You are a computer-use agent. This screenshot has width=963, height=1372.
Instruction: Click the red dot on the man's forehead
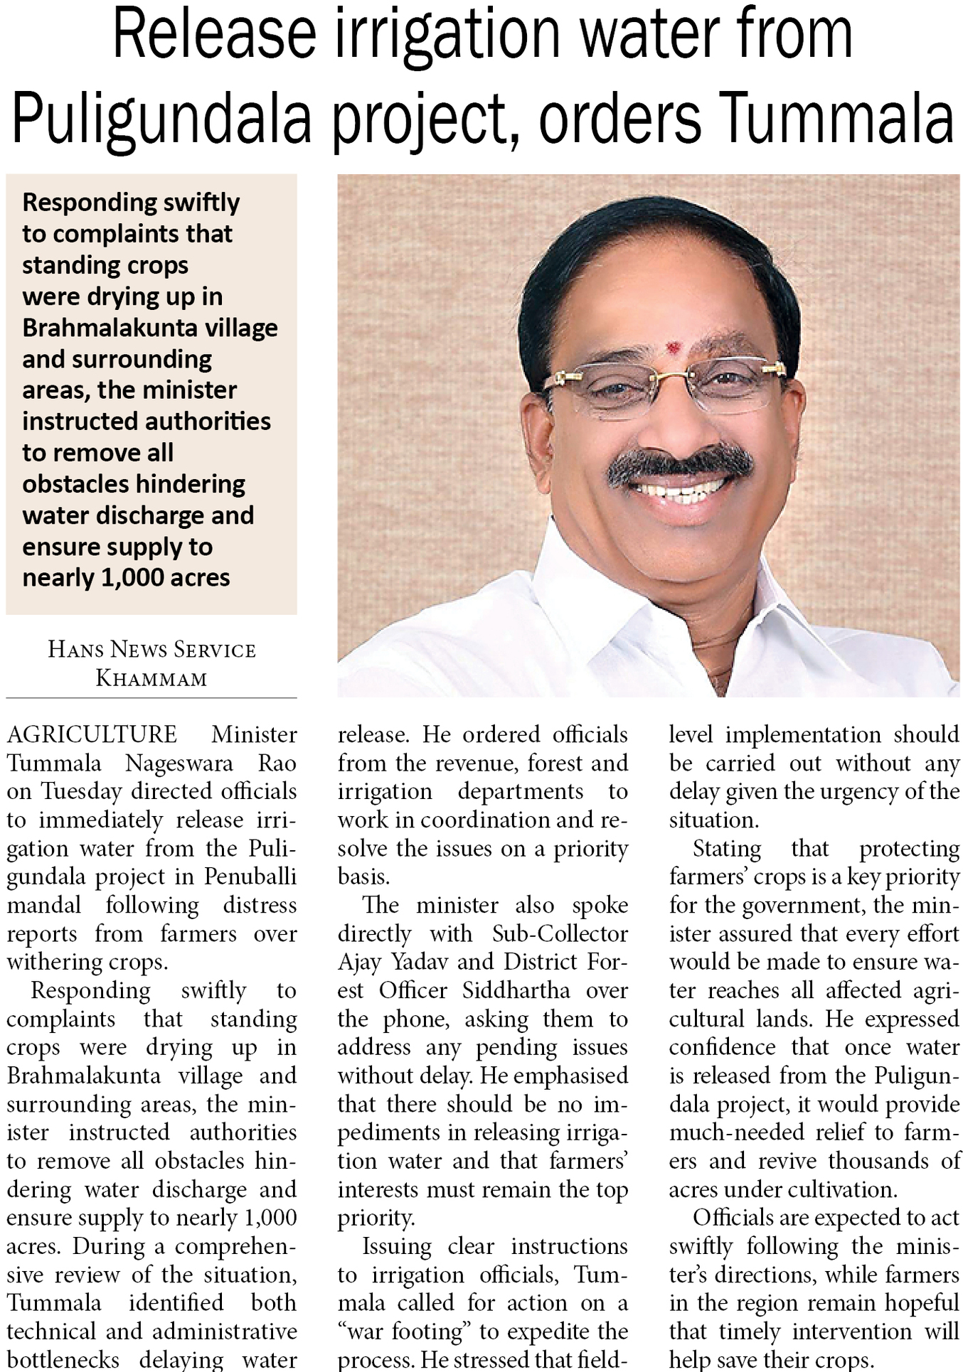(671, 348)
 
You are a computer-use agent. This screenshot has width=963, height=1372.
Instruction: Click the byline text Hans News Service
(151, 649)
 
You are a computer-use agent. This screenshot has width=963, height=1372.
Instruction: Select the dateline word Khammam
(151, 678)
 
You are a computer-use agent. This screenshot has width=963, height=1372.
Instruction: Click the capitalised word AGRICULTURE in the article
(92, 734)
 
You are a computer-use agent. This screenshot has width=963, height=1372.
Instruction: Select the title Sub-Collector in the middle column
(560, 933)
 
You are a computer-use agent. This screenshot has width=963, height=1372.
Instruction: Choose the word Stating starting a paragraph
(727, 848)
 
